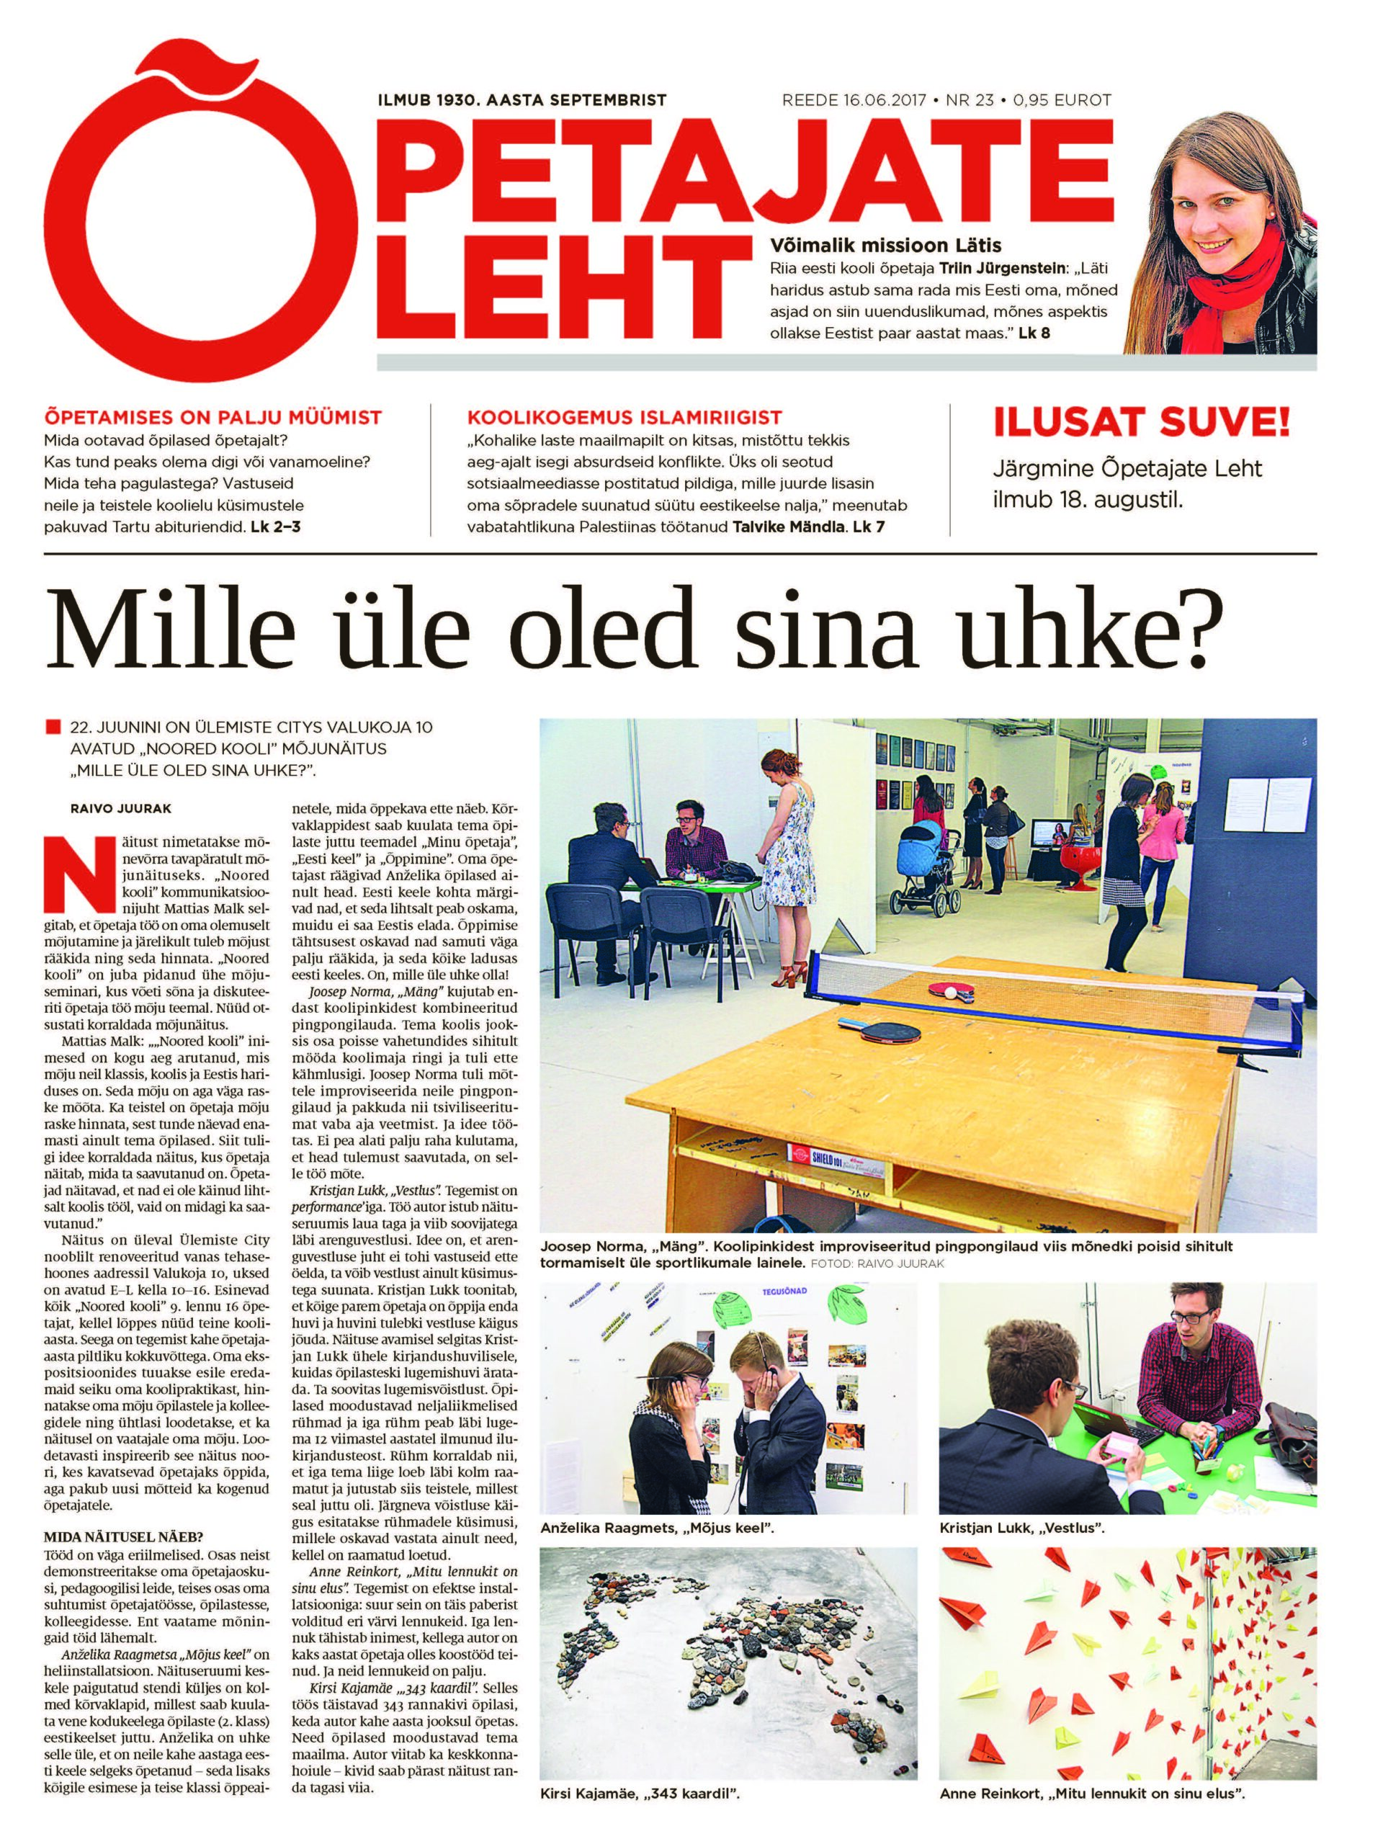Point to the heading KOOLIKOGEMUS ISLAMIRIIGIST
(625, 417)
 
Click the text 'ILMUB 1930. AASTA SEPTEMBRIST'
(522, 100)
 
